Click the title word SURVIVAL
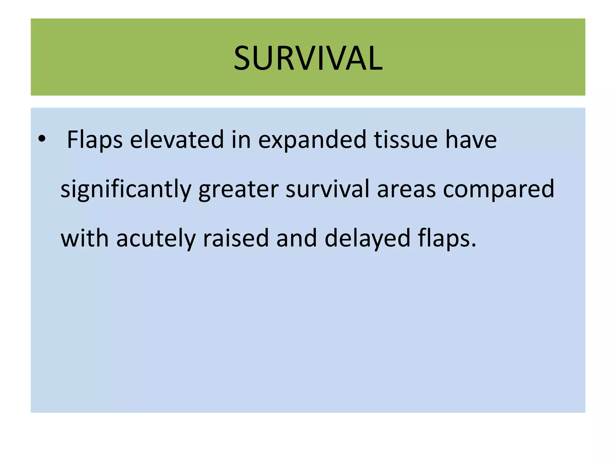[308, 58]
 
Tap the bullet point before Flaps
[42, 139]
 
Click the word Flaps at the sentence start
[94, 140]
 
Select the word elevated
[177, 140]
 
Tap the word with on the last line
[85, 238]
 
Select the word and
[297, 238]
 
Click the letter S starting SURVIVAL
[243, 58]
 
